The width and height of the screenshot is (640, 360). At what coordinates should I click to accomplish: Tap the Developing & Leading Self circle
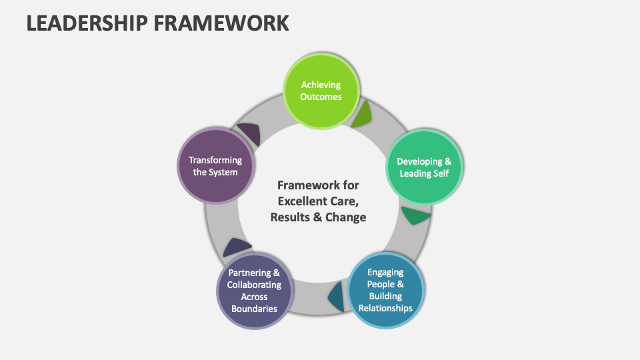pos(424,167)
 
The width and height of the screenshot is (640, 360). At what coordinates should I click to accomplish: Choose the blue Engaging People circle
pos(385,289)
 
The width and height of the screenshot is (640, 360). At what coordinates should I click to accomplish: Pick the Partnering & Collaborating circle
pos(254,291)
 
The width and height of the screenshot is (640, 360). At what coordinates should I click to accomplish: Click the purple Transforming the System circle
pos(215,166)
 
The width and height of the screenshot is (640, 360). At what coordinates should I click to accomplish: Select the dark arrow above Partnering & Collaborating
pos(237,247)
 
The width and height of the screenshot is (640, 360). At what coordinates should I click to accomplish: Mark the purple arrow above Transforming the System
pos(249,133)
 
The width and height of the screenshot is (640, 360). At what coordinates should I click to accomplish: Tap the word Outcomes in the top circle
pos(321,97)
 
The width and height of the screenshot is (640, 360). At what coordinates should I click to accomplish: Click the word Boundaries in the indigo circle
pos(254,308)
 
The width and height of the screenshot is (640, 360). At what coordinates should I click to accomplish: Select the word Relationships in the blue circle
pos(385,307)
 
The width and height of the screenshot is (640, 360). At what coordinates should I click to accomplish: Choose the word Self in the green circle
pos(439,173)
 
